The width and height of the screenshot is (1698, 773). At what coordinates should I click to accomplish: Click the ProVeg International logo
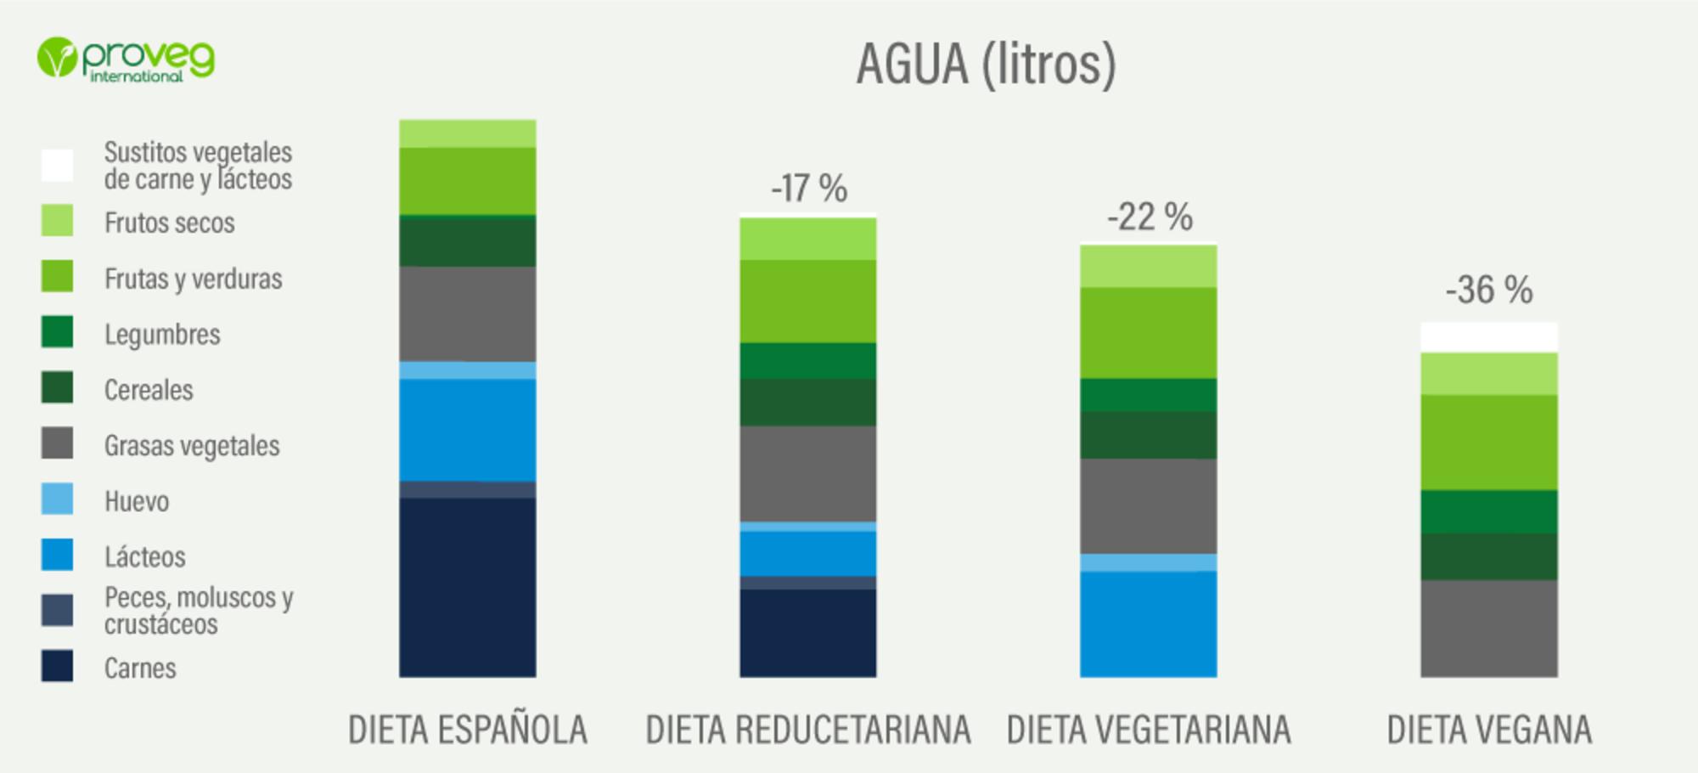click(126, 59)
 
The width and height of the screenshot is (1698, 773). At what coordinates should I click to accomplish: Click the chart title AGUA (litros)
click(986, 65)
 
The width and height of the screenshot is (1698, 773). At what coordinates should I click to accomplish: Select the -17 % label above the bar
click(809, 189)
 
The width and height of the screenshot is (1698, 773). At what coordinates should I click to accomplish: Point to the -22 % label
click(1150, 217)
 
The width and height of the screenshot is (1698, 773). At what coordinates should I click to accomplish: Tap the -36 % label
click(1489, 291)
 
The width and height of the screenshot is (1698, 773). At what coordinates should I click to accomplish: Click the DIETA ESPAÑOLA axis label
click(468, 730)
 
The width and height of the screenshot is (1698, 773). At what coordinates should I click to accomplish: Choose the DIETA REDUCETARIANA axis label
click(808, 730)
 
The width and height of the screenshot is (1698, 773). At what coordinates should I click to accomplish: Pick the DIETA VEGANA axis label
click(1489, 730)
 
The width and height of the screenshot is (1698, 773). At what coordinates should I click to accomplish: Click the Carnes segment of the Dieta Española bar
click(468, 587)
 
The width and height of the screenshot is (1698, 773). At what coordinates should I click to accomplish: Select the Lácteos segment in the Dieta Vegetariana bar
click(1148, 623)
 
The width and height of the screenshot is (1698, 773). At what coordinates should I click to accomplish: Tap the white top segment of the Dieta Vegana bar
click(1489, 337)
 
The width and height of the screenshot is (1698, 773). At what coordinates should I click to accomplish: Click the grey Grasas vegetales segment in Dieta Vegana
click(1489, 629)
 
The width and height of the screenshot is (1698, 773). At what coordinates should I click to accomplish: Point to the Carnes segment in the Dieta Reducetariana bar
click(808, 633)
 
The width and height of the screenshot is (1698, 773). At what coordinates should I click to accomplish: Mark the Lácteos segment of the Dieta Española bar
click(468, 430)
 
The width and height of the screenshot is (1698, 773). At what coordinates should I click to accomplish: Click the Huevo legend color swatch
click(57, 499)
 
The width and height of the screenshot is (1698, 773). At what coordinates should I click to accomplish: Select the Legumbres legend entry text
click(162, 335)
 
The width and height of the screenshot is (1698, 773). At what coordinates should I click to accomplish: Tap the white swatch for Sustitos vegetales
click(57, 165)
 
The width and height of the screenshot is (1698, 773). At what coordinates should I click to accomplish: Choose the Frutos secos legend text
click(169, 223)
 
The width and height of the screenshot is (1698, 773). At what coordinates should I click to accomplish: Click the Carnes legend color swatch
click(57, 666)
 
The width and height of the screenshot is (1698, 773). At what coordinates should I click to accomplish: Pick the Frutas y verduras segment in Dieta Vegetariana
click(1148, 332)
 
